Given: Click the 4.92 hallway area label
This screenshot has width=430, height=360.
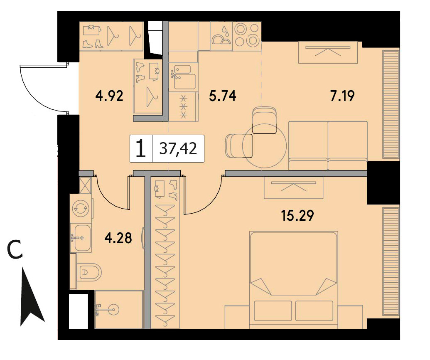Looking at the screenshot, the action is (x=109, y=96).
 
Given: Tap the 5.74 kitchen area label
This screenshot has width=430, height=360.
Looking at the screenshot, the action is (x=222, y=96).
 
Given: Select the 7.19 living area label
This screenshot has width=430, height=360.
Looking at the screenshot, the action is (x=342, y=96).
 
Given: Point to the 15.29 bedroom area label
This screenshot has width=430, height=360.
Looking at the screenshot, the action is (x=297, y=215).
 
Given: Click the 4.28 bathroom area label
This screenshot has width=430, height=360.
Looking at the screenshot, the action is (x=118, y=238).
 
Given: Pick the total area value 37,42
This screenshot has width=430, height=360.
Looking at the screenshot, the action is (x=178, y=149).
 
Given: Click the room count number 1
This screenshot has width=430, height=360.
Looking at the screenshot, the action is (x=141, y=148).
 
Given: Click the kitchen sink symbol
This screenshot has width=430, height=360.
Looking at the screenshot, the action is (x=182, y=77).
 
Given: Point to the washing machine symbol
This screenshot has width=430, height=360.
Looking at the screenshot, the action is (x=81, y=208).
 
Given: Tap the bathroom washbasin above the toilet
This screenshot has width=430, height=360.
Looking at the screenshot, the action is (x=81, y=238).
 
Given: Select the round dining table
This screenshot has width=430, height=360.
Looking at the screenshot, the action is (x=264, y=145).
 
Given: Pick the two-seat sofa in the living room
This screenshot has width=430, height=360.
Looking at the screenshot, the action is (x=328, y=145).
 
